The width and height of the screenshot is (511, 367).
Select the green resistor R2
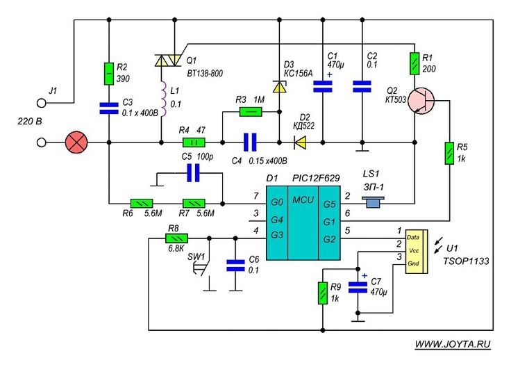[x=109, y=72]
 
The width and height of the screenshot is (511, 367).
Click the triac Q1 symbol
[x=166, y=61]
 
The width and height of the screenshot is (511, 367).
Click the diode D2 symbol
[x=301, y=143]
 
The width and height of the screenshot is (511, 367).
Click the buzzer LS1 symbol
[x=375, y=203]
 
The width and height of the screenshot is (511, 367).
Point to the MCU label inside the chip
[x=302, y=200]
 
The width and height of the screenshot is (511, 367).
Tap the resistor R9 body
[x=323, y=293]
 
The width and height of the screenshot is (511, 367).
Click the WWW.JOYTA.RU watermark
[x=453, y=344]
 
